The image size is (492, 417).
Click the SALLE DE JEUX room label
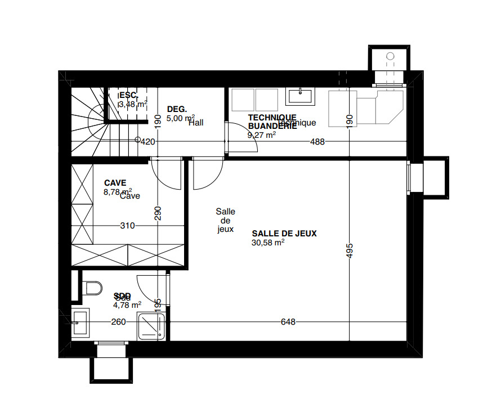(x=284, y=234)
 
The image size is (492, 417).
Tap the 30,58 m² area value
(x=268, y=243)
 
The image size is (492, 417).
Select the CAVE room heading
(x=115, y=183)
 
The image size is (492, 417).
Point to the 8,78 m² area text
(x=117, y=192)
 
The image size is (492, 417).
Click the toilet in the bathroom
(x=91, y=288)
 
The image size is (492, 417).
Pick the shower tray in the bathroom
(x=152, y=327)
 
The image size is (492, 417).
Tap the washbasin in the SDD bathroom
(x=80, y=323)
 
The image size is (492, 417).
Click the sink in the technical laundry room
(x=301, y=96)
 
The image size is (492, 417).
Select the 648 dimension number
(x=288, y=322)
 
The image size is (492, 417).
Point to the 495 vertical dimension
(x=349, y=251)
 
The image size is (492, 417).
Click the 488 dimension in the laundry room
(x=317, y=142)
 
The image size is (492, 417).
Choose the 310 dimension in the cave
(x=127, y=226)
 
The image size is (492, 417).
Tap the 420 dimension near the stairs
(x=147, y=142)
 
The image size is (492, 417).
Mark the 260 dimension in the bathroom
(x=119, y=322)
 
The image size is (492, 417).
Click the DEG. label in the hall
(x=176, y=109)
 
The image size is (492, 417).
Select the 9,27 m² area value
(x=261, y=135)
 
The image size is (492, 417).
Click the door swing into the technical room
(x=241, y=138)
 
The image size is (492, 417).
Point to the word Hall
(x=196, y=122)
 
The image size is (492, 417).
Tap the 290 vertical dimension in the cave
(x=158, y=213)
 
